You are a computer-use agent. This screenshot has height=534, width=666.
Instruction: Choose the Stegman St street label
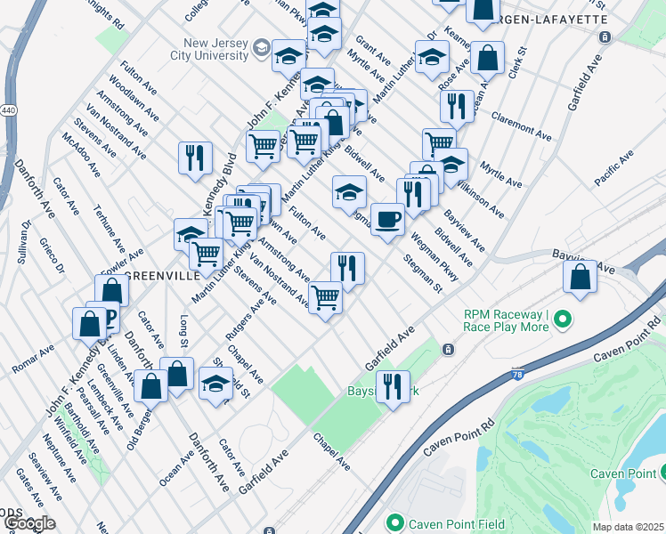pyautogui.click(x=422, y=274)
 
